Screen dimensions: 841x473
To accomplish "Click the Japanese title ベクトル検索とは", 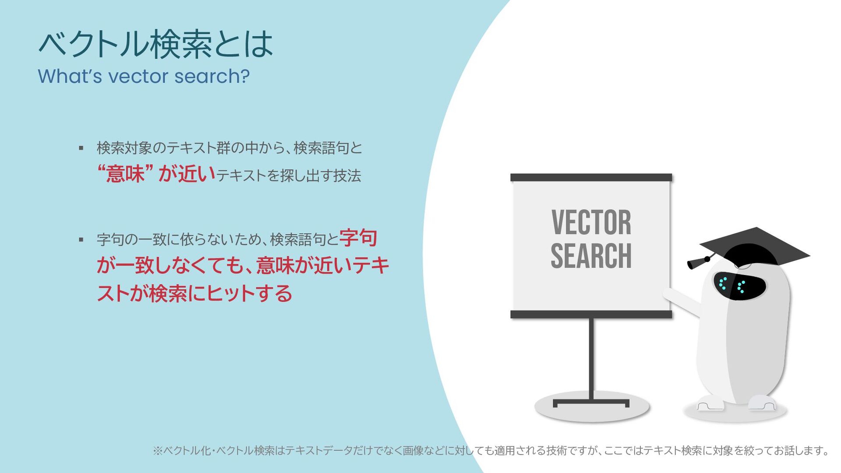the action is [x=155, y=44].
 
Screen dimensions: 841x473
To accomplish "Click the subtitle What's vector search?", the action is [x=144, y=76].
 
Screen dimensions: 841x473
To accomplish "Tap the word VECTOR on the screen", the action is [x=591, y=222].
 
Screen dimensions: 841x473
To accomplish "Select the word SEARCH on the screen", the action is [x=591, y=256].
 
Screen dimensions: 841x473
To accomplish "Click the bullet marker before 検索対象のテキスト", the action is [x=81, y=148].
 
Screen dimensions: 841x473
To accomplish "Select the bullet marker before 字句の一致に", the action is [x=81, y=240].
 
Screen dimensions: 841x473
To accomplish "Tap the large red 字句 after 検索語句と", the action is [x=358, y=238].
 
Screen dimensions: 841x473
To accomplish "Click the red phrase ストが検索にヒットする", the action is [x=194, y=293].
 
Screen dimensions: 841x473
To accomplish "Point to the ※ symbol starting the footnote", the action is [x=157, y=451].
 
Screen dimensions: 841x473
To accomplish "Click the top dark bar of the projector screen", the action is [x=591, y=177].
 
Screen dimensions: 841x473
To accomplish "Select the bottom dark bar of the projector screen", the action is [x=591, y=314].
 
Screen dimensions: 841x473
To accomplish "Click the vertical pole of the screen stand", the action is [x=591, y=359].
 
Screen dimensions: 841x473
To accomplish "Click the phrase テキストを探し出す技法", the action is [x=289, y=176].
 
